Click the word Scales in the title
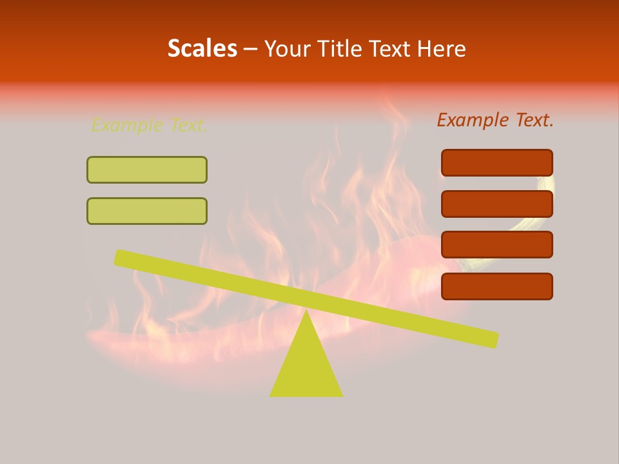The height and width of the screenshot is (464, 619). coord(202,48)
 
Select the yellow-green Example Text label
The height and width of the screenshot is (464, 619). coord(149,125)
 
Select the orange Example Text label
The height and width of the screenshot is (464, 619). coord(495,120)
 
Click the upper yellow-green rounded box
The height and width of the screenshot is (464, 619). coord(147,169)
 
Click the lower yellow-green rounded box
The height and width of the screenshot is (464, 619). coord(147,211)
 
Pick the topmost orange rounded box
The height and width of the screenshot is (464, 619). coord(496,162)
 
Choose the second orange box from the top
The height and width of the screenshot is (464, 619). coord(496,204)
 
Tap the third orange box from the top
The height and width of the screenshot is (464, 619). coord(496,244)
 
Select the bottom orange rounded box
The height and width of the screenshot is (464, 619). coord(496,286)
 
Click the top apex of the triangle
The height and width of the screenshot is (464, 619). coord(306,314)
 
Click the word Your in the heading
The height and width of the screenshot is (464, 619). coord(287,48)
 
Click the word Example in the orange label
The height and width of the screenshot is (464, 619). coord(472,120)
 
